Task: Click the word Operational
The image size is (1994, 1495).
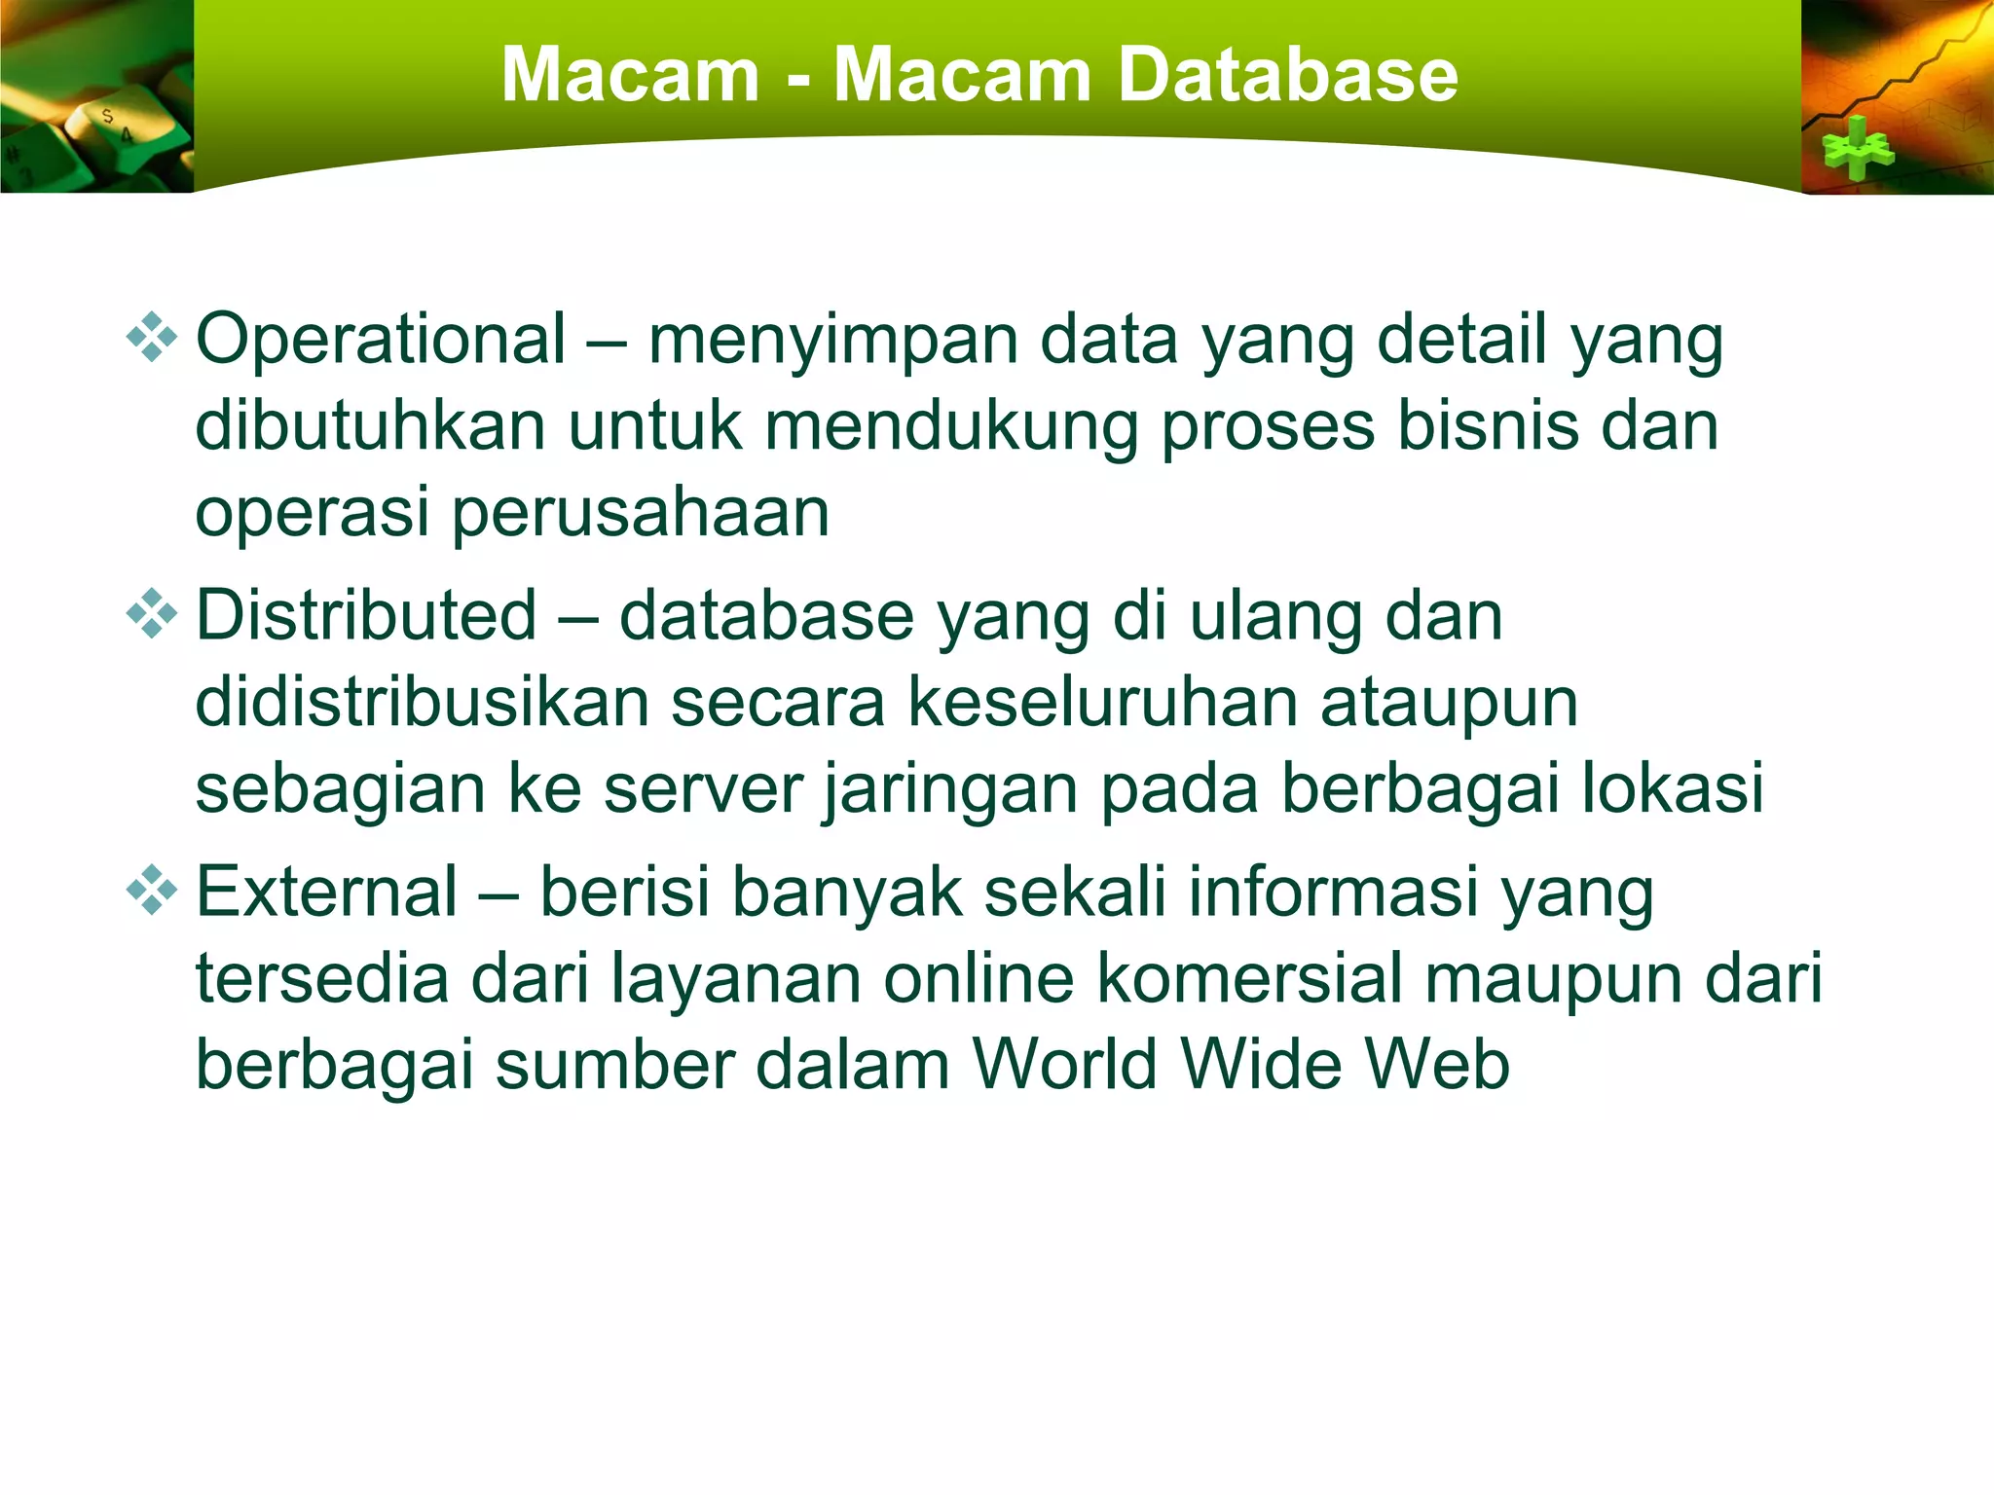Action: coord(381,340)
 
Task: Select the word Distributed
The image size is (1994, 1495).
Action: coord(366,616)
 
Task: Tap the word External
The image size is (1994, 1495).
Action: coord(327,892)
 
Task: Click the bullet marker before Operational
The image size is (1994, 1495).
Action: coord(152,339)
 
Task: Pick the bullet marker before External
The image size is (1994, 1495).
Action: coord(152,891)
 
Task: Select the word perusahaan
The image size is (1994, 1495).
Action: coord(640,514)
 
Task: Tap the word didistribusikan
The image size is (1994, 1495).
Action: coord(421,702)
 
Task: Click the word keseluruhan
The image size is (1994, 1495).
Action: coord(1102,702)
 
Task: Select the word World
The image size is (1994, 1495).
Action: coord(1065,1064)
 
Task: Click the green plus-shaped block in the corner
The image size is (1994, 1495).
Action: coord(1858,149)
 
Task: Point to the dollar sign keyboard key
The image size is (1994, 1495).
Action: coord(107,117)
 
